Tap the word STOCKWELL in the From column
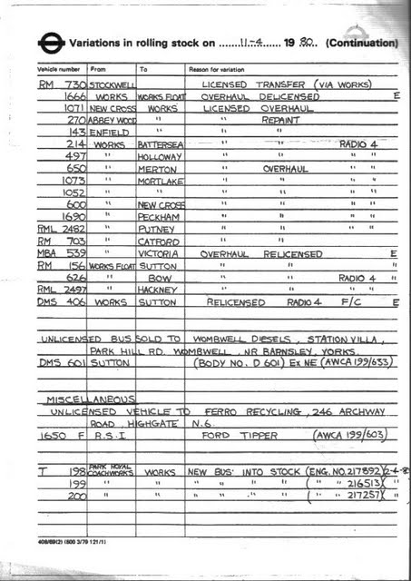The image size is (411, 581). coord(112,84)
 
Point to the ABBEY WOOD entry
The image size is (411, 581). coord(112,119)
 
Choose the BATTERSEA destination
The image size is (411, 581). coord(160,144)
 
